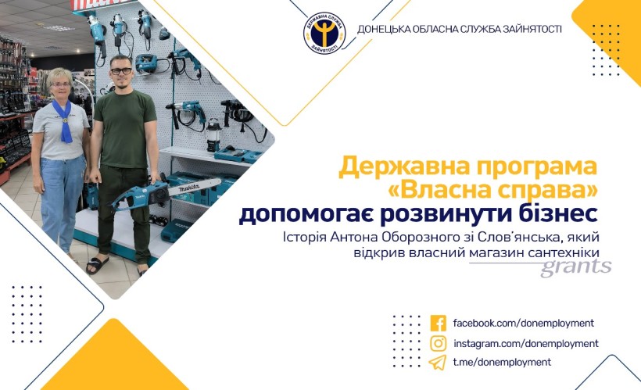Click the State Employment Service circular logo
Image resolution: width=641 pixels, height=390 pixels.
(x=324, y=32)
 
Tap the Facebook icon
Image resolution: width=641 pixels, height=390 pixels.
(x=439, y=323)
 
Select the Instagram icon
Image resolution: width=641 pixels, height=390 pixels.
(x=439, y=343)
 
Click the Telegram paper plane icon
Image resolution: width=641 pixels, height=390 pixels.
(x=438, y=363)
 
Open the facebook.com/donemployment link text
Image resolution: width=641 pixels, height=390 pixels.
(x=523, y=324)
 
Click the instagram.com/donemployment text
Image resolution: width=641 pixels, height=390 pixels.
(x=526, y=343)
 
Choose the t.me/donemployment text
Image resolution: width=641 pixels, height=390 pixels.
(x=502, y=362)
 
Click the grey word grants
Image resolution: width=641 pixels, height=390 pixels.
(x=576, y=268)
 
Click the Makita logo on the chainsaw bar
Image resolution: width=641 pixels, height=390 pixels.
(x=190, y=188)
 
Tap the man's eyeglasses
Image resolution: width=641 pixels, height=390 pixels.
(x=121, y=71)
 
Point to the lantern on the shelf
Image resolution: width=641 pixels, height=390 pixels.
(x=214, y=134)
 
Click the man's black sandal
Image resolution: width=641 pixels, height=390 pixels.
(x=97, y=265)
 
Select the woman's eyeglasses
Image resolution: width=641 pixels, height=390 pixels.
(x=60, y=84)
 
